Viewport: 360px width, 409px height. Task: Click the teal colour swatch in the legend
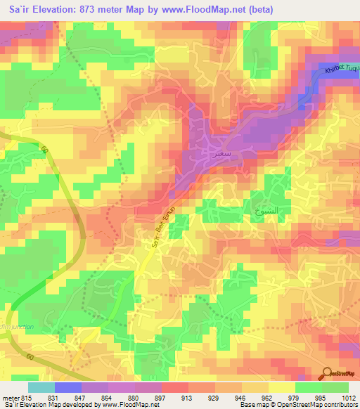coord(41,387)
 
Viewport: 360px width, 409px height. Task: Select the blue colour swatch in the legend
coord(67,387)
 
